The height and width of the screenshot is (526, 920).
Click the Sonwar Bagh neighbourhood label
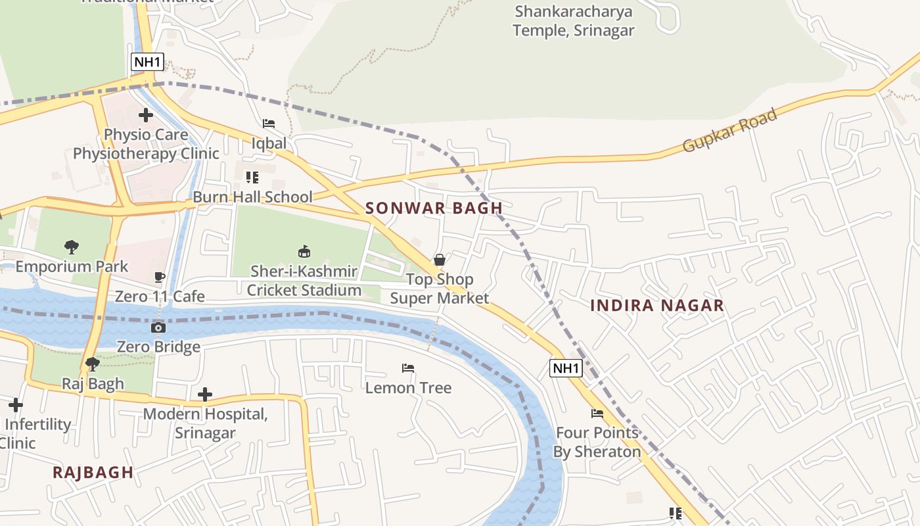pos(434,208)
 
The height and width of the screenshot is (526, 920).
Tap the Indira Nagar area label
pos(656,306)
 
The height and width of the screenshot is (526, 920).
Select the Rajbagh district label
pos(93,472)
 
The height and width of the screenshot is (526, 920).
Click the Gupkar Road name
pos(729,130)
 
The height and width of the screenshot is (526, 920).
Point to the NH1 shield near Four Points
pos(566,368)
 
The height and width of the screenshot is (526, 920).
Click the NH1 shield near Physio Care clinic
pos(147,62)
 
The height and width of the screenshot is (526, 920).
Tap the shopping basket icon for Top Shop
pos(440,260)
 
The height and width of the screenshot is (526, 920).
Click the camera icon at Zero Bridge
pos(158,327)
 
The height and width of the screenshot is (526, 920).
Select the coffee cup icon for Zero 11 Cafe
pos(159,277)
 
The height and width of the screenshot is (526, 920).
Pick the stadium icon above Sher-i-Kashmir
pos(304,251)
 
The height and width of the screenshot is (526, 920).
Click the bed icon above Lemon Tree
pos(408,368)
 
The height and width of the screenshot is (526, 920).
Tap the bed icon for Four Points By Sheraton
pos(597,414)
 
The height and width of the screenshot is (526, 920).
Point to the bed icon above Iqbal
pos(269,124)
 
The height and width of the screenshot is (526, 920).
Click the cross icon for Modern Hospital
pos(205,394)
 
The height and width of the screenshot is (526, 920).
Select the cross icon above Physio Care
pos(146,116)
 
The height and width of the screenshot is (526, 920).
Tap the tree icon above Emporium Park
pos(72,247)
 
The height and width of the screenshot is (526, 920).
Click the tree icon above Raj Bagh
pos(93,364)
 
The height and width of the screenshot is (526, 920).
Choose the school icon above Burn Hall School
pos(252,178)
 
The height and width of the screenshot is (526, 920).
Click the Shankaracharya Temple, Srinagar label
pos(573,21)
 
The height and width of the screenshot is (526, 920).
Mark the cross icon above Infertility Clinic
pos(16,405)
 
